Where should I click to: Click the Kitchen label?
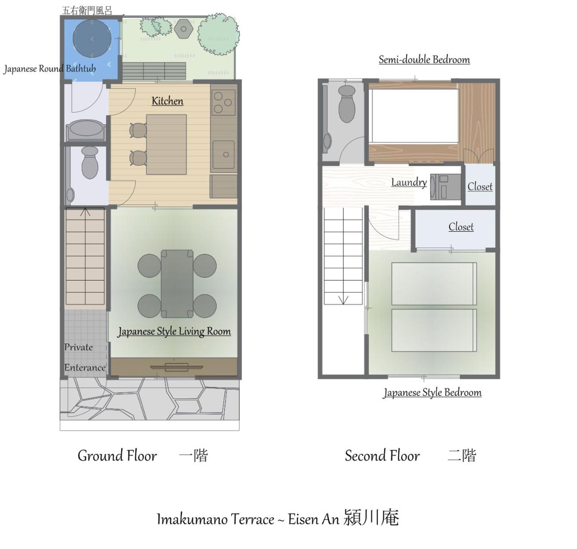coord(167,101)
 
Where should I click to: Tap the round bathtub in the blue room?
coord(92,39)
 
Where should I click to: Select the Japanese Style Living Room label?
coord(174,331)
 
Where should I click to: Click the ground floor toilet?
coord(90,162)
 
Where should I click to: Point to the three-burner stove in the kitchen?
coord(224,103)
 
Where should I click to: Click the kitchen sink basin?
coord(224,154)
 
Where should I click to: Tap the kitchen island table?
coord(166,144)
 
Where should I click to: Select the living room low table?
coord(177,284)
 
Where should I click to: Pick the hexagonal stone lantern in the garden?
coord(183,29)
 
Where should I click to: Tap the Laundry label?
coord(409,182)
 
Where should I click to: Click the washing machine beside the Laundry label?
coord(446,187)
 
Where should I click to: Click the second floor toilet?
coord(347,104)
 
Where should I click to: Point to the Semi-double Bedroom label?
coord(424,59)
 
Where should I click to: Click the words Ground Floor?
coord(117,456)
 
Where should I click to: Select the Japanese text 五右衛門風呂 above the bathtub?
coord(87,11)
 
